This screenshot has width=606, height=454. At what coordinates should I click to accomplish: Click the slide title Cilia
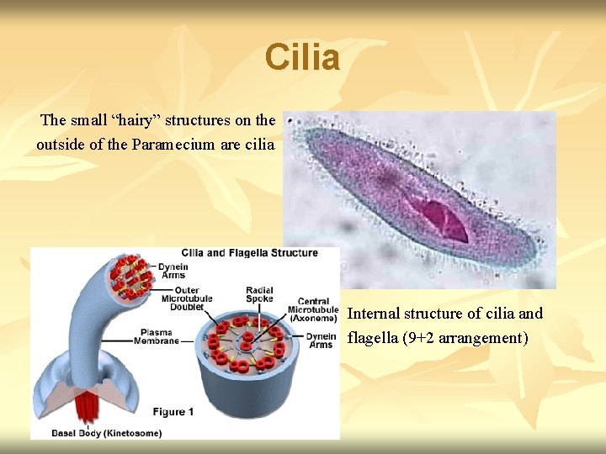[x=302, y=58]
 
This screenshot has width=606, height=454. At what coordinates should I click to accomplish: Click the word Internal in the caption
[x=374, y=314]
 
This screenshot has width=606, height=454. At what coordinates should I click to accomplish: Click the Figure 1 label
[x=173, y=412]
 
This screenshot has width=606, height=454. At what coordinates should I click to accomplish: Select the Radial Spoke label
[x=259, y=295]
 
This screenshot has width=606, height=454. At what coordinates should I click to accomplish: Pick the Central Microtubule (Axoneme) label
[x=312, y=310]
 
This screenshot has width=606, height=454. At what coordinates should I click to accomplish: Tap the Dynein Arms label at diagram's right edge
[x=321, y=340]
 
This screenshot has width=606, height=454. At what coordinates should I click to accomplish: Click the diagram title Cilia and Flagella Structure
[x=250, y=253]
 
